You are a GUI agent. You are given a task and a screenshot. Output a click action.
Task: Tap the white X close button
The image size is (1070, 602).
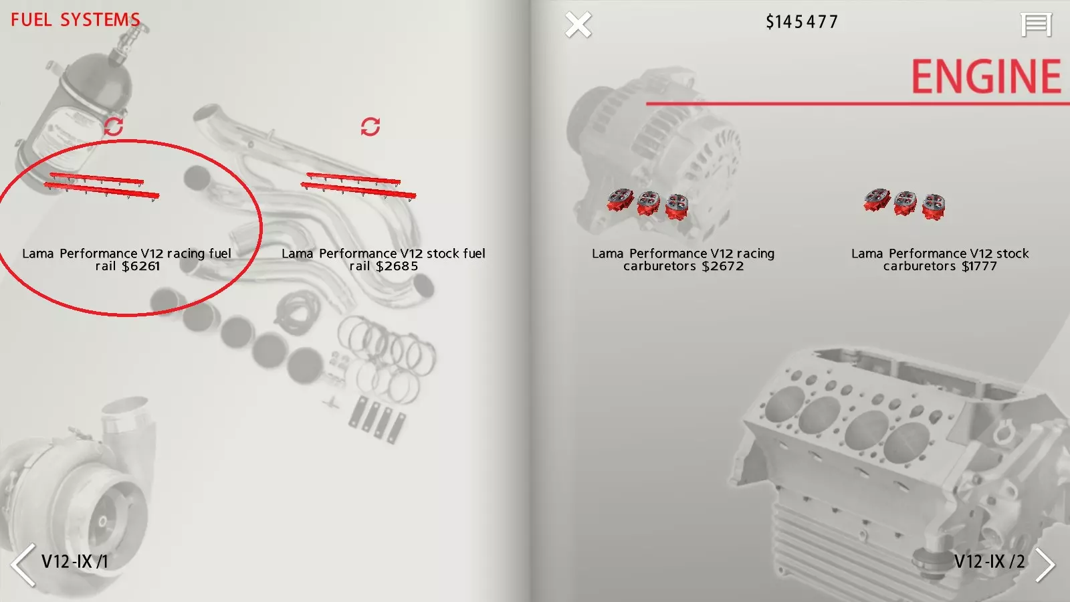578,24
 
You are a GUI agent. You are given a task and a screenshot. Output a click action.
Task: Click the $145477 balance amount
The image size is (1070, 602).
802,22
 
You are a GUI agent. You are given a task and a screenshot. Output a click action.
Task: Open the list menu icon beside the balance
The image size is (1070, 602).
1036,24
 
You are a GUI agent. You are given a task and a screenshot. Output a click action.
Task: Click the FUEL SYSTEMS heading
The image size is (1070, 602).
76,20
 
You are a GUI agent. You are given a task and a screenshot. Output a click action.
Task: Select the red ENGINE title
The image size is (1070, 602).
986,76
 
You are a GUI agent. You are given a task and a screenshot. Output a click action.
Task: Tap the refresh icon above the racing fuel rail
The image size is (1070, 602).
114,126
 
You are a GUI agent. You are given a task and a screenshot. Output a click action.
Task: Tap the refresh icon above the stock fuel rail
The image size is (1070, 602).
370,126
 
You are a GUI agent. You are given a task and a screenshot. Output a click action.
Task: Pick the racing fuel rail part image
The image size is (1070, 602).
101,187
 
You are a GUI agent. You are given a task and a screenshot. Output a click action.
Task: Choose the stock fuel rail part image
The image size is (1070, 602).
358,187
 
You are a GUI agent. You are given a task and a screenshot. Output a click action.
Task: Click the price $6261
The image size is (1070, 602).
141,266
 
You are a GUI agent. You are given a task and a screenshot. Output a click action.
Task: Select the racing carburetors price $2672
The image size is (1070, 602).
723,266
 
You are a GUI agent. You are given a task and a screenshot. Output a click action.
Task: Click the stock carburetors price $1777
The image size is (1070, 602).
979,266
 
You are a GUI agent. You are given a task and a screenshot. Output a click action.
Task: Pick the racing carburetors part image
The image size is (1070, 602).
648,205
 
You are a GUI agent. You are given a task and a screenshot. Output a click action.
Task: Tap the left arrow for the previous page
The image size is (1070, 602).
23,565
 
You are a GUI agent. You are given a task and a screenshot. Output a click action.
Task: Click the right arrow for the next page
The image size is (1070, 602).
1045,565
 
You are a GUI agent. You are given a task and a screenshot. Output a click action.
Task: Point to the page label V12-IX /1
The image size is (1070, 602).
74,561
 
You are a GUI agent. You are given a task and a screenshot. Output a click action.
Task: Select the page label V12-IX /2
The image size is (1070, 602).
989,561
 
